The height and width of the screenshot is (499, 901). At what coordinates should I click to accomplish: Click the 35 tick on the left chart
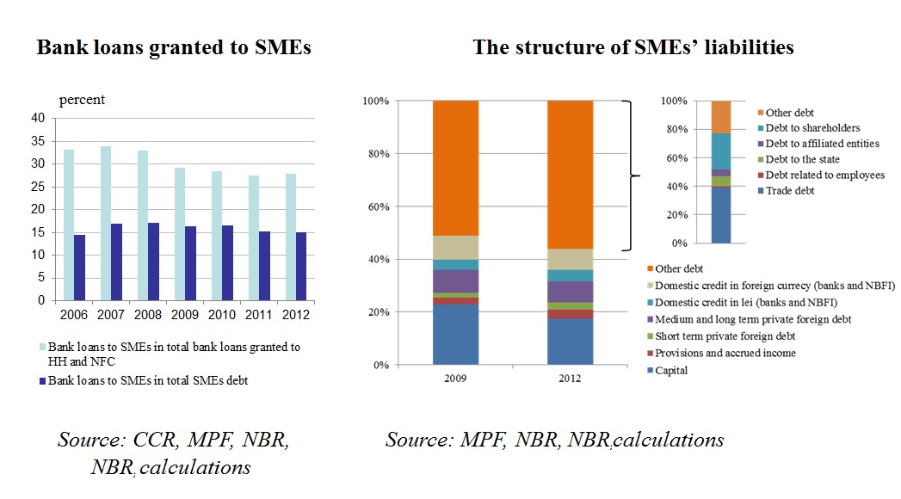37,140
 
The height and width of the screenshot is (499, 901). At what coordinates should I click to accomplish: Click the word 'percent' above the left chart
82,100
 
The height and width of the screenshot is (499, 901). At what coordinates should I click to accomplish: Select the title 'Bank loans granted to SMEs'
174,48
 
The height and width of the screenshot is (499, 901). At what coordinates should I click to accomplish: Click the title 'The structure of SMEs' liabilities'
633,48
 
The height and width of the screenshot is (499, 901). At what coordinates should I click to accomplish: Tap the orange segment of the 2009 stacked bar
455,168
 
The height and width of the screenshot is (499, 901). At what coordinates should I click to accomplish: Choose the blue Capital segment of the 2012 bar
570,342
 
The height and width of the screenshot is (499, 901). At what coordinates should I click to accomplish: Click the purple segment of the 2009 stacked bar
455,281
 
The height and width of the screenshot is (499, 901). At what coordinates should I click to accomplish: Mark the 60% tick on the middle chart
378,206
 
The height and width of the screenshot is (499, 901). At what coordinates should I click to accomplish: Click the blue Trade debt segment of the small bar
720,215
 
